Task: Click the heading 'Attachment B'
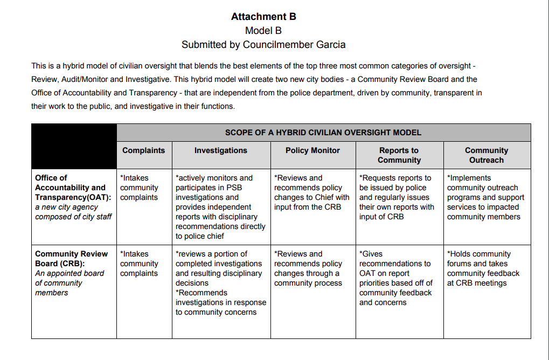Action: tap(263, 16)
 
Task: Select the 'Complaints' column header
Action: tap(144, 150)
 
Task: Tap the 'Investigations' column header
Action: tap(221, 150)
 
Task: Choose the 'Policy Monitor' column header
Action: tap(312, 150)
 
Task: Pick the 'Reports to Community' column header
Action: tap(399, 155)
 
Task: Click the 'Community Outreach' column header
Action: tap(487, 155)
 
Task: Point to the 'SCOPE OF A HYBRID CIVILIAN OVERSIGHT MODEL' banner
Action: tap(323, 133)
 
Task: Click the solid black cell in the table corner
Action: tap(74, 146)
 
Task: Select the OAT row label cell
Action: tap(73, 197)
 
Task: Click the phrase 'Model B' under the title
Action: tap(263, 31)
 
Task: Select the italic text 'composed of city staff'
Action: tap(73, 217)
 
